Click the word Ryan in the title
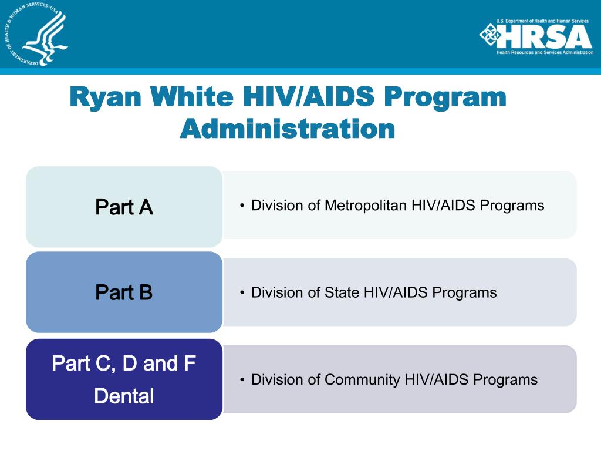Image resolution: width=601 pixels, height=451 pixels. [106, 97]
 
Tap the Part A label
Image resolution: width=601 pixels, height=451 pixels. [124, 207]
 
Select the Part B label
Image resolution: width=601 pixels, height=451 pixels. [124, 292]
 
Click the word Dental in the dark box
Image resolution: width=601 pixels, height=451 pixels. [124, 396]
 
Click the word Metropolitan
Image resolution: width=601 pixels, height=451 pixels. [366, 206]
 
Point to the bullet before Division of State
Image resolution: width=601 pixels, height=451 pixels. [242, 293]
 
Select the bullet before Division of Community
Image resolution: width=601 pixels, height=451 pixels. [242, 380]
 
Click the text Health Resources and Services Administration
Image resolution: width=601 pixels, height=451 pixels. [545, 52]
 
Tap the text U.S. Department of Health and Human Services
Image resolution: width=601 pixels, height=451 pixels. [542, 21]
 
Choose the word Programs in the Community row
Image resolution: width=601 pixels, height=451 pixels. [505, 380]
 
